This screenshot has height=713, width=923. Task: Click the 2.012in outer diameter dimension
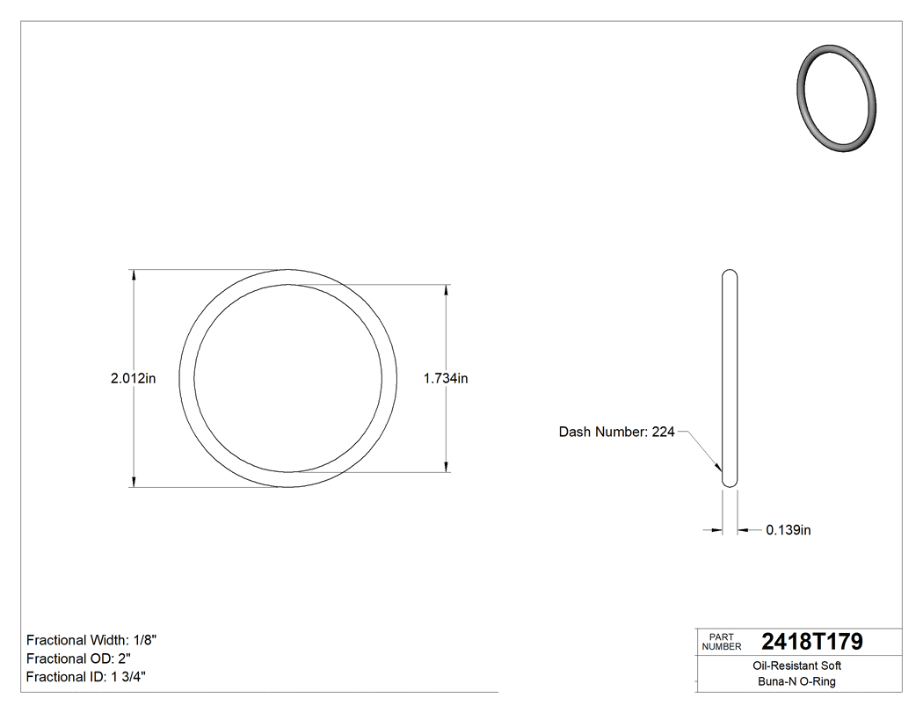click(134, 379)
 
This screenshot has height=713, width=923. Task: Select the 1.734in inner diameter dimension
click(446, 379)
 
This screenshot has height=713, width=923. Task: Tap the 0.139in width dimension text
click(789, 530)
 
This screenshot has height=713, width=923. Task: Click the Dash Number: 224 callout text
click(616, 432)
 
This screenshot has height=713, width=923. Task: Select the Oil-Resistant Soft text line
click(798, 666)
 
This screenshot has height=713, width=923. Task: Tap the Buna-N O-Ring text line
click(798, 681)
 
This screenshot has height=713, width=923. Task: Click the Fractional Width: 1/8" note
click(91, 640)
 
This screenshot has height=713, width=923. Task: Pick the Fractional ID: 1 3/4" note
click(86, 677)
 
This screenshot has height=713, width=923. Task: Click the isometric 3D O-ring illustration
click(838, 98)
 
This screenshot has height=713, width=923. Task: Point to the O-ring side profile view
click(730, 378)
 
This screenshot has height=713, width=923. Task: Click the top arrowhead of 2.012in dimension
click(134, 275)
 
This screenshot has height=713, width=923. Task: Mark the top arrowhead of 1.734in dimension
click(447, 290)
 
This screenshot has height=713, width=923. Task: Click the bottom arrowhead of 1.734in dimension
click(447, 466)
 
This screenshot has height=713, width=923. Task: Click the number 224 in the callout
click(663, 432)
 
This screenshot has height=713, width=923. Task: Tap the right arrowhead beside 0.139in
click(743, 530)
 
